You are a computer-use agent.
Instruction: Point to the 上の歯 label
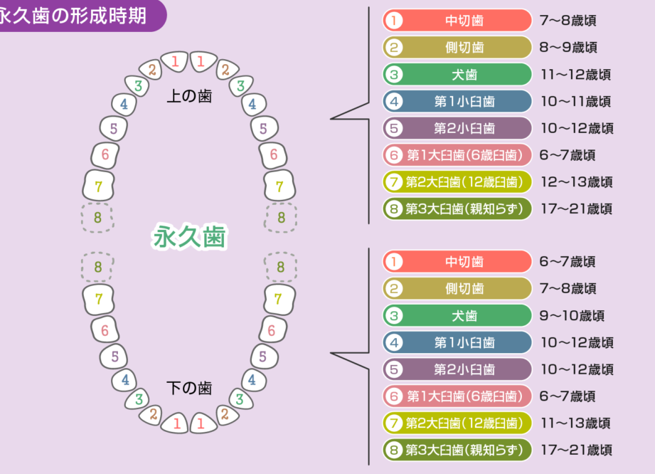[189, 96]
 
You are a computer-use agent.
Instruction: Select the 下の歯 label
[189, 389]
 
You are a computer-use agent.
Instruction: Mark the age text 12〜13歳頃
[575, 182]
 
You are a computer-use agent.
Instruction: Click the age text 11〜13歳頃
[575, 423]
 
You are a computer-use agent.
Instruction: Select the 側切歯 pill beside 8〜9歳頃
[457, 48]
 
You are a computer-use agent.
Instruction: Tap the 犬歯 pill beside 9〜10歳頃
[457, 315]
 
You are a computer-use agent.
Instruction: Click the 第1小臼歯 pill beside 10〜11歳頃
[457, 102]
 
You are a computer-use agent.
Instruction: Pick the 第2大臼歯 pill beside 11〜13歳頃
[457, 423]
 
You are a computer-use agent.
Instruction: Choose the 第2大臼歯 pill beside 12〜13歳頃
[457, 182]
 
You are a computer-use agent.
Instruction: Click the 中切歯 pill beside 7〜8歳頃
[457, 21]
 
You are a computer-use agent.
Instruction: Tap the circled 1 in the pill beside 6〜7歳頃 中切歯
[394, 262]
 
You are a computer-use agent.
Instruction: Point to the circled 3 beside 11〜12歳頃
[394, 75]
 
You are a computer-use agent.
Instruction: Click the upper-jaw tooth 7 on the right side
[279, 186]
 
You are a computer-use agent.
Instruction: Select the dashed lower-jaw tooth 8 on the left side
[98, 267]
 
